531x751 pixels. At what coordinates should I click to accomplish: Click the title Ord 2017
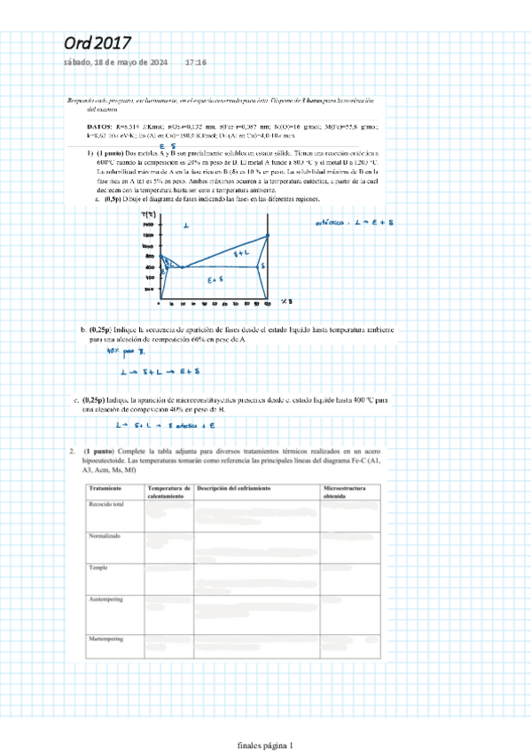(x=98, y=43)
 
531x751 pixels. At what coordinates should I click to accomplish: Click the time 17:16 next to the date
(x=195, y=63)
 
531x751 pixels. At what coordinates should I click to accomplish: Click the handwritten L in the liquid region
(x=186, y=227)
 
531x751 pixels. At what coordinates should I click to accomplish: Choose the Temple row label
(x=98, y=568)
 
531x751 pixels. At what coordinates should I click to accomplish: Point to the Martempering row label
(x=106, y=638)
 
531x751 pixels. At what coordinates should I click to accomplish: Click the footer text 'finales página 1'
(x=265, y=745)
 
